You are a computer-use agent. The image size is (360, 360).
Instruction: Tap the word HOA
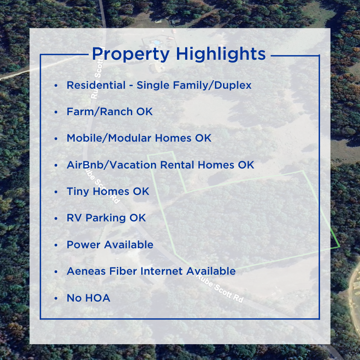(x=98, y=298)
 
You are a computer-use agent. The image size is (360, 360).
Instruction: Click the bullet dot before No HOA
(x=56, y=298)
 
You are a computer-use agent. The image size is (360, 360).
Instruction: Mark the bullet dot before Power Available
(x=56, y=245)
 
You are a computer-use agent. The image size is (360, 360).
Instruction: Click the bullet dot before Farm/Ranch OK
(x=56, y=112)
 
